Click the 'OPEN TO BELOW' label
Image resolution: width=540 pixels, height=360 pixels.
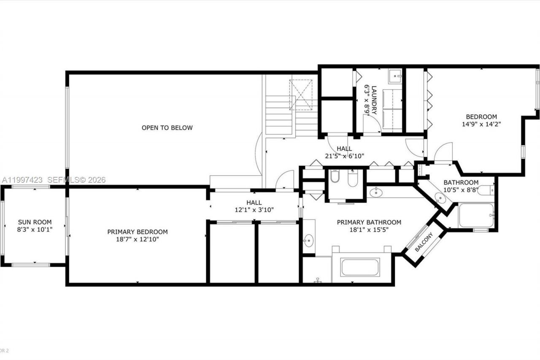tap(167, 127)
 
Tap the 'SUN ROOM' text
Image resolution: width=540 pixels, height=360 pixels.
tap(35, 222)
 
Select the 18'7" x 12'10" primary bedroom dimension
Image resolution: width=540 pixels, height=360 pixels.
tap(138, 239)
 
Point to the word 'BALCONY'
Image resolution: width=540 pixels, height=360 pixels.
tap(423, 242)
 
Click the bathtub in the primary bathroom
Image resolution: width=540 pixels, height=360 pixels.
tap(360, 268)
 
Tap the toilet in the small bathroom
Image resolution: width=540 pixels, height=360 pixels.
tap(486, 190)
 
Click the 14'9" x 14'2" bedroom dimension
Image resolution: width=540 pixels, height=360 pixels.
tap(481, 124)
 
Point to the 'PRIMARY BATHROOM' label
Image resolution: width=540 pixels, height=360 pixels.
tap(369, 222)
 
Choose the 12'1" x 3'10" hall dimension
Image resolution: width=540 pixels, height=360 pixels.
tap(254, 210)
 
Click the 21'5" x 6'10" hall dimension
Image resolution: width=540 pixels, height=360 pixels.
tap(344, 156)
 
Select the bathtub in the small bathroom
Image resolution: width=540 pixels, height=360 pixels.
tap(476, 215)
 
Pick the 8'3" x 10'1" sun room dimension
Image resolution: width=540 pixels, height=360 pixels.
tap(35, 230)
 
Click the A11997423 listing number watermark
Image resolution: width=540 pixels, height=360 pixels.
tap(22, 180)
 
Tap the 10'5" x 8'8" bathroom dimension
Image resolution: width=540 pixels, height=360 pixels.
tap(460, 190)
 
